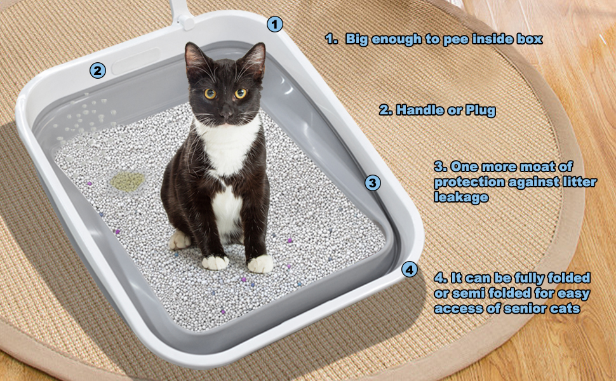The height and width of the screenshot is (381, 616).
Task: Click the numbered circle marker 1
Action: pyautogui.click(x=274, y=25)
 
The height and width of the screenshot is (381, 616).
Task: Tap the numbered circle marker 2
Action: pyautogui.click(x=97, y=70)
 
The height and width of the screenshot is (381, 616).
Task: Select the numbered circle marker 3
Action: pyautogui.click(x=373, y=184)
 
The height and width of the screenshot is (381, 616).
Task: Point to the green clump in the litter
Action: pyautogui.click(x=127, y=182)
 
